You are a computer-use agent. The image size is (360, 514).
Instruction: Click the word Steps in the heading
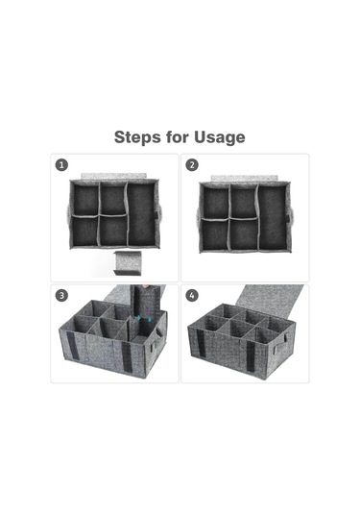[137, 137]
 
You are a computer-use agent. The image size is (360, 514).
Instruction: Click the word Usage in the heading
[220, 137]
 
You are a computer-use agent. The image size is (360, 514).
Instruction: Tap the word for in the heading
[178, 137]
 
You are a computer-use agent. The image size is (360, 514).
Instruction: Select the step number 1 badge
[61, 164]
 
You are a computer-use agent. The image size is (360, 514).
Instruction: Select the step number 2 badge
[192, 164]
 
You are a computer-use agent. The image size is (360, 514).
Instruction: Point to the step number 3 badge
[61, 295]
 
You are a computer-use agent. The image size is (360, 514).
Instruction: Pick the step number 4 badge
[192, 295]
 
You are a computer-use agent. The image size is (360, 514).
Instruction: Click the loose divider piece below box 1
[128, 263]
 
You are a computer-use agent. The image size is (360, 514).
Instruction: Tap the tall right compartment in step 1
[141, 214]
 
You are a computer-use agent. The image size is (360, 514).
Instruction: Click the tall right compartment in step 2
[273, 218]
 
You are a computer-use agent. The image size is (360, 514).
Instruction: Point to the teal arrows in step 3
[144, 318]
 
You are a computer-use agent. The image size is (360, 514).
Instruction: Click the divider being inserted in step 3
[146, 309]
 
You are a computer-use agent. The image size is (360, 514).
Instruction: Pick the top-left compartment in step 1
[85, 199]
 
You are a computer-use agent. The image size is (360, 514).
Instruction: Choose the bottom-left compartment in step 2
[214, 235]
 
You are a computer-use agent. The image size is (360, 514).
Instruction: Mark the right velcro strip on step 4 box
[251, 356]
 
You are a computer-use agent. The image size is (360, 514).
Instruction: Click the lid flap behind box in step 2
[244, 178]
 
